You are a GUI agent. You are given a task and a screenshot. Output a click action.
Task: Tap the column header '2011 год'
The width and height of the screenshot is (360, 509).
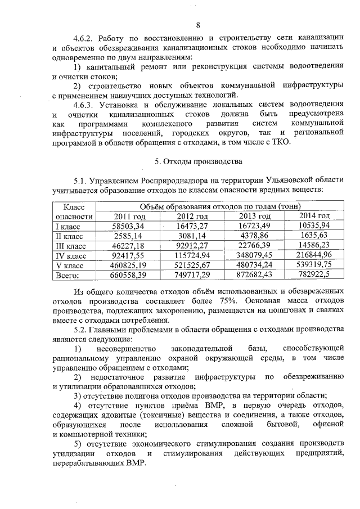tap(130, 216)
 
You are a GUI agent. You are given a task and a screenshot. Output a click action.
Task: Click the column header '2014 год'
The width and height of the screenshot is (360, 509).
tap(314, 216)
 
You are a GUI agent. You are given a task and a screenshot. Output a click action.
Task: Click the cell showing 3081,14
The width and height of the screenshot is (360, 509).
tap(192, 236)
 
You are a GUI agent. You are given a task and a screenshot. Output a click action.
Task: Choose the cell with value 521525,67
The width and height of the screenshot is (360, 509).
tap(192, 265)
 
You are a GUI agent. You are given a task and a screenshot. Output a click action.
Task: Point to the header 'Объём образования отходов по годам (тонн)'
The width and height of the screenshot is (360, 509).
tap(220, 206)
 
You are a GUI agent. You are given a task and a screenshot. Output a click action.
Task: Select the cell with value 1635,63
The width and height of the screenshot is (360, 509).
tap(314, 236)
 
